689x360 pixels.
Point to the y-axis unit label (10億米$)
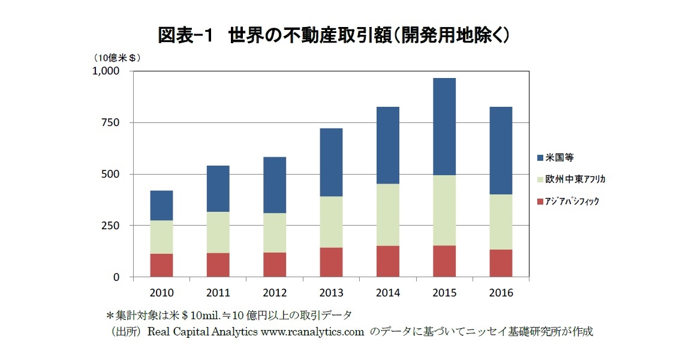point(116,58)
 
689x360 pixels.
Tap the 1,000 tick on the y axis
point(107,71)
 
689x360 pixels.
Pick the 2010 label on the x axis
point(161,293)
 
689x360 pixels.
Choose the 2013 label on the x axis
point(331,293)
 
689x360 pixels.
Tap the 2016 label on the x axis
point(501,293)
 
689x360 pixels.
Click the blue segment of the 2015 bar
point(444,127)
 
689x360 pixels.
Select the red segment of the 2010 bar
point(161,265)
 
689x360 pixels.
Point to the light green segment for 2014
point(388,214)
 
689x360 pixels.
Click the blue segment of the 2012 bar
point(275,185)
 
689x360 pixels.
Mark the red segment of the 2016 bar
point(501,263)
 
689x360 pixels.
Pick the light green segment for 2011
point(218,232)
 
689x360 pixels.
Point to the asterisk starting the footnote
point(109,315)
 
